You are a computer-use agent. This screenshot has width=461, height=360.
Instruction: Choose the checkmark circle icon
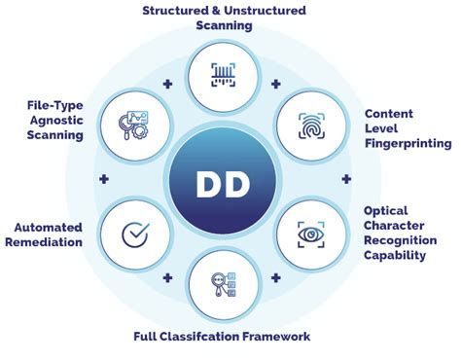point(132,234)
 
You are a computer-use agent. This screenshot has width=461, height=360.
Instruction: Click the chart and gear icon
point(133,125)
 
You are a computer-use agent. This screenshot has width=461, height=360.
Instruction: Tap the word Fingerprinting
point(408,143)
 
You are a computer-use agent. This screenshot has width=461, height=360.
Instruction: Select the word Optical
point(387,210)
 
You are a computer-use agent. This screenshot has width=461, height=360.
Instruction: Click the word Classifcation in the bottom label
point(205,337)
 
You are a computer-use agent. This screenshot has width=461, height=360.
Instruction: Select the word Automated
point(49,227)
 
